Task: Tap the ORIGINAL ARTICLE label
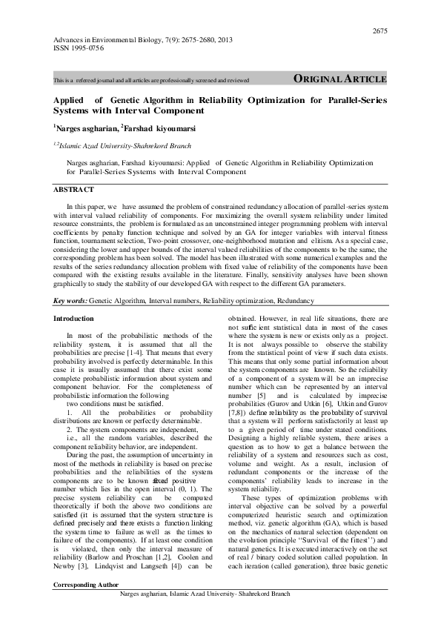340,79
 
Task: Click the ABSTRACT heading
73,190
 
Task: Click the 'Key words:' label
70,302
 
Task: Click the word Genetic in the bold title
130,98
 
